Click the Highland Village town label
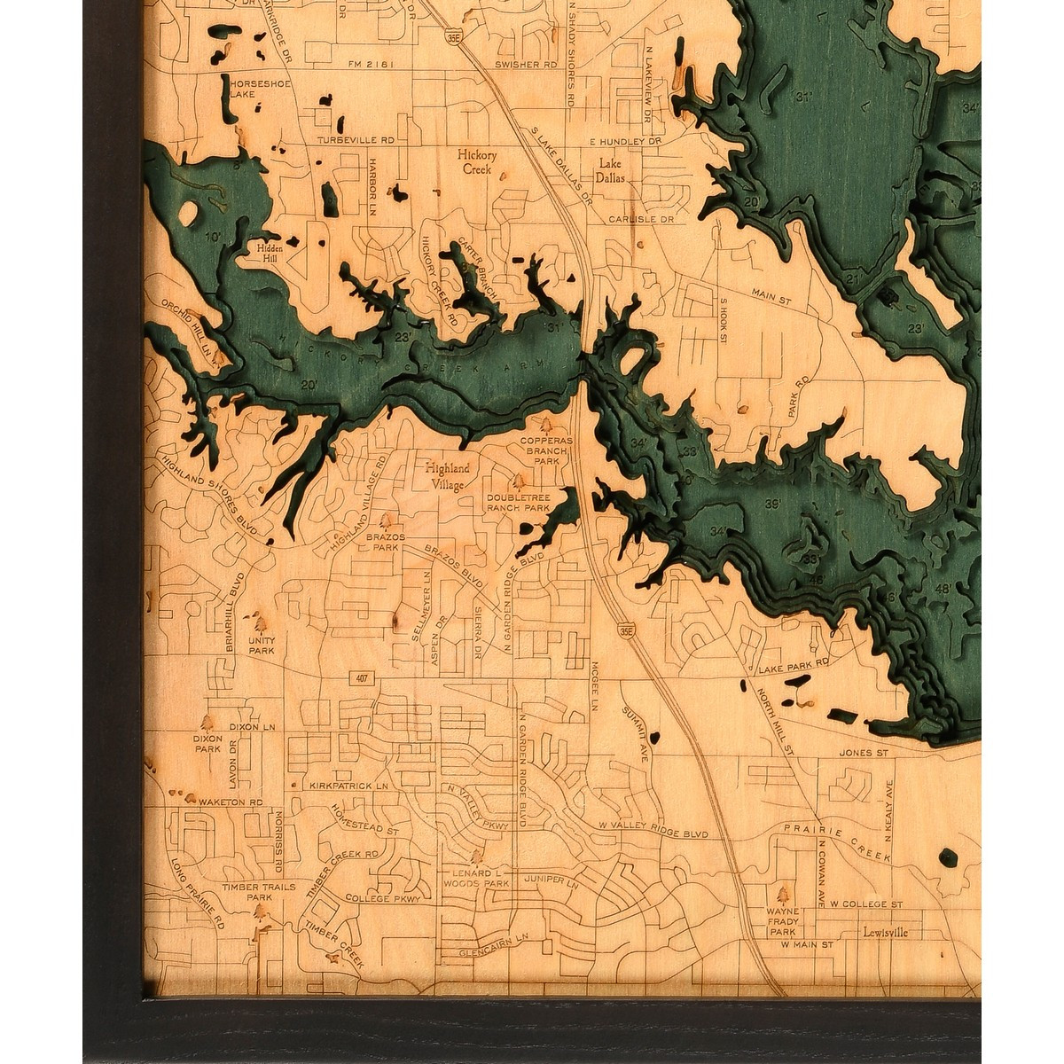pyautogui.click(x=449, y=476)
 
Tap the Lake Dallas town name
pyautogui.click(x=611, y=170)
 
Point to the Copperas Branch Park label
pyautogui.click(x=547, y=450)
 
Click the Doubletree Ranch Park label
pyautogui.click(x=519, y=503)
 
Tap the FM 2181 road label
pyautogui.click(x=369, y=63)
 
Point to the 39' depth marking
pyautogui.click(x=772, y=505)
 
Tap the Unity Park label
pyautogui.click(x=262, y=645)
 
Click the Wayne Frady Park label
pyautogui.click(x=784, y=921)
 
